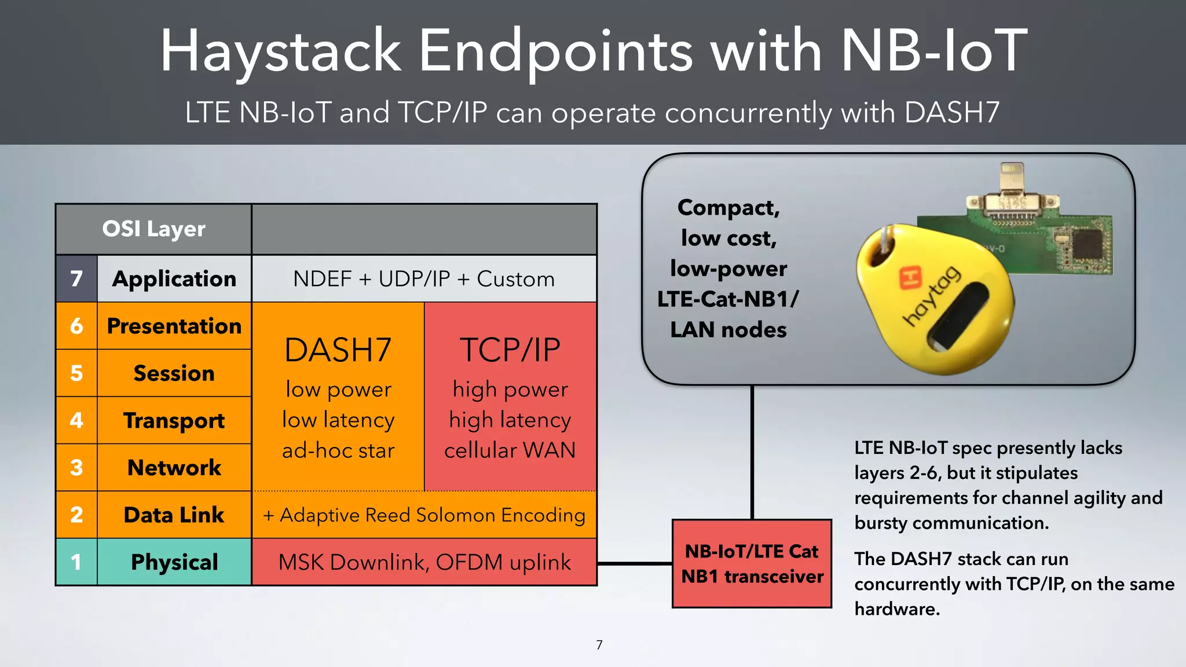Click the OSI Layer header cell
click(x=153, y=229)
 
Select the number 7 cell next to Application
click(x=76, y=279)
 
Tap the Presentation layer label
click(x=174, y=326)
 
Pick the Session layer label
click(x=174, y=373)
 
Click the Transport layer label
click(x=174, y=421)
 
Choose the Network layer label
click(x=174, y=468)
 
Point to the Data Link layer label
click(x=174, y=515)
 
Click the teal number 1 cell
click(x=76, y=562)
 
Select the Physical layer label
click(x=174, y=562)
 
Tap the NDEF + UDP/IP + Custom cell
click(x=424, y=279)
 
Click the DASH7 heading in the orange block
click(x=338, y=350)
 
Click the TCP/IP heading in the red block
click(x=510, y=350)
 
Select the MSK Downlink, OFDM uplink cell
click(x=424, y=562)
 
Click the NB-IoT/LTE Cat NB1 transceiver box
click(x=752, y=563)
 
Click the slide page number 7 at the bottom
click(x=599, y=645)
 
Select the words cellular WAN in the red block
click(x=510, y=450)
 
